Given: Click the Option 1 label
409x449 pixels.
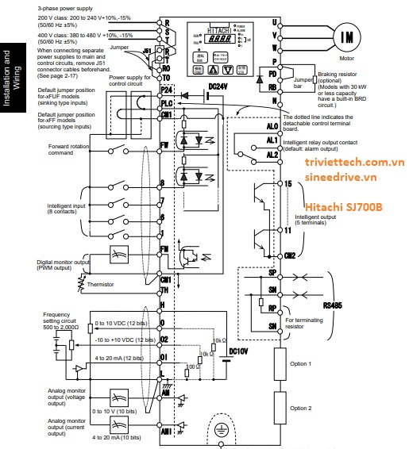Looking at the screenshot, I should [300, 363].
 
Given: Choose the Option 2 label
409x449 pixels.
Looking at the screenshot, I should [300, 408].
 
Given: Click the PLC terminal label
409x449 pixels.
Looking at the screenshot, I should [165, 103].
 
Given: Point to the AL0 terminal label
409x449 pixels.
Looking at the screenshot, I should [272, 125].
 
